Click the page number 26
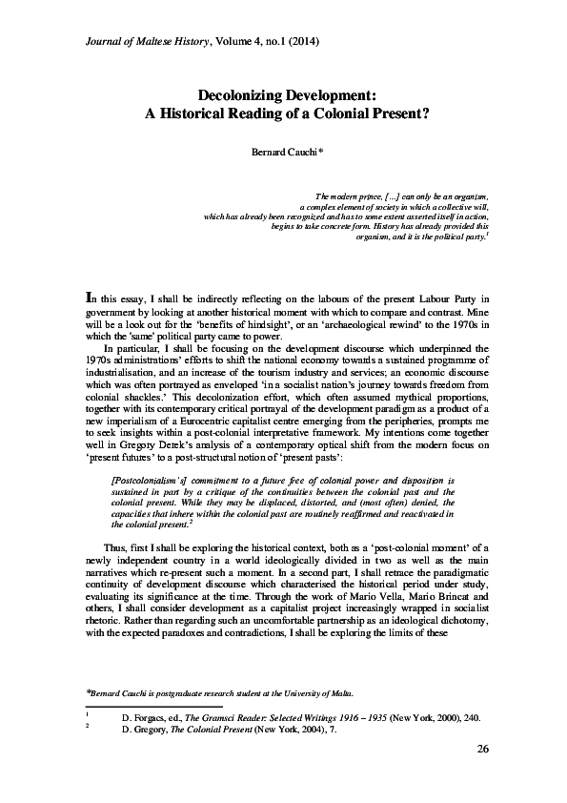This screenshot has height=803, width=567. [482, 773]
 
